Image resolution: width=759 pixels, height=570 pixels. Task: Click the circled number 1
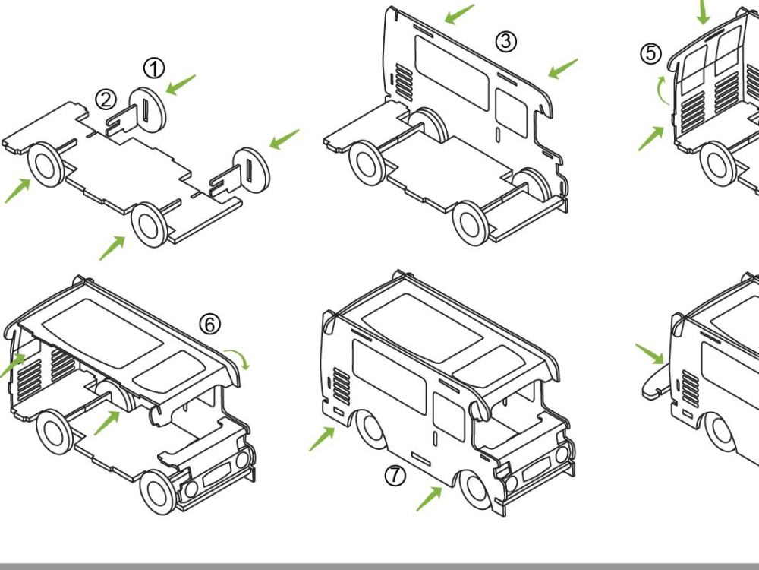click(x=154, y=69)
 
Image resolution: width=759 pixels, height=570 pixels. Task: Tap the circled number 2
click(x=106, y=99)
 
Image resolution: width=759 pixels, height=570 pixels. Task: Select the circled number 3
click(x=506, y=42)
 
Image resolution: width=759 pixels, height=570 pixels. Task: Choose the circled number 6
click(x=210, y=325)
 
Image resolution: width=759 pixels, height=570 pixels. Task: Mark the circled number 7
click(x=395, y=476)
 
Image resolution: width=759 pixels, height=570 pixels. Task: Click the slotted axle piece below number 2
click(x=121, y=122)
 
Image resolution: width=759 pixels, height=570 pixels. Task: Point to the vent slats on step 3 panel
click(x=405, y=83)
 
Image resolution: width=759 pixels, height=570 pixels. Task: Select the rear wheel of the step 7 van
click(x=373, y=429)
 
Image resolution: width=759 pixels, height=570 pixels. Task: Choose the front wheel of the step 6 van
click(x=158, y=490)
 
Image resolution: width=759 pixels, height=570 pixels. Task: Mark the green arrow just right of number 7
click(x=429, y=497)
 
